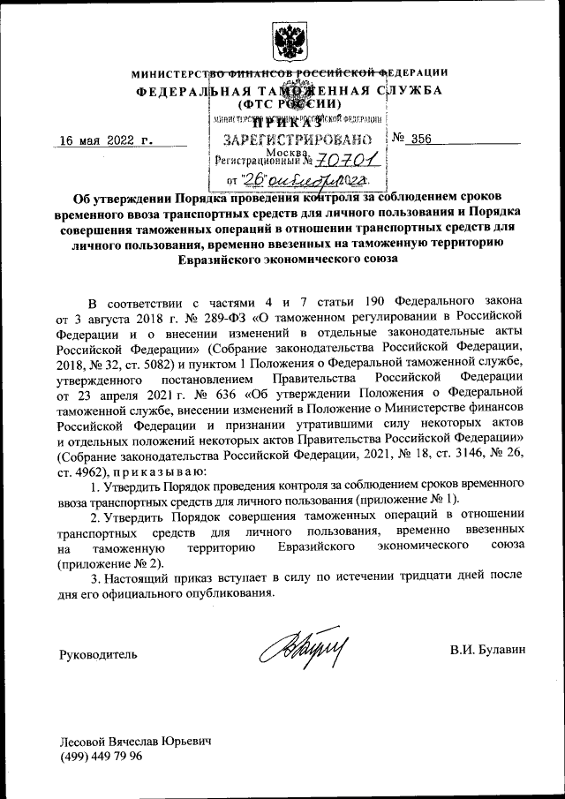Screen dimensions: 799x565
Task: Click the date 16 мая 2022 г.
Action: click(105, 139)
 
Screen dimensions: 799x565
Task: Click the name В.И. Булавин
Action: click(486, 651)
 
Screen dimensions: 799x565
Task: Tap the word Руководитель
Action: click(98, 654)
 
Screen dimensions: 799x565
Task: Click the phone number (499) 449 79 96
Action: click(102, 758)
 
